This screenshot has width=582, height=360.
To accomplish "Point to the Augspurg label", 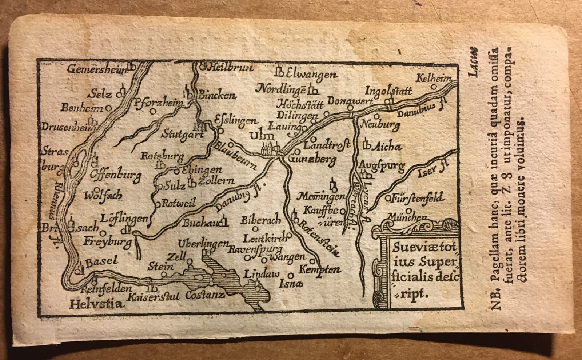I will (382, 166).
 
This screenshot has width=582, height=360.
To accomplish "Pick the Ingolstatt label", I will (388, 89).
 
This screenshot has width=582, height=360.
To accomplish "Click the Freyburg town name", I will (102, 241).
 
